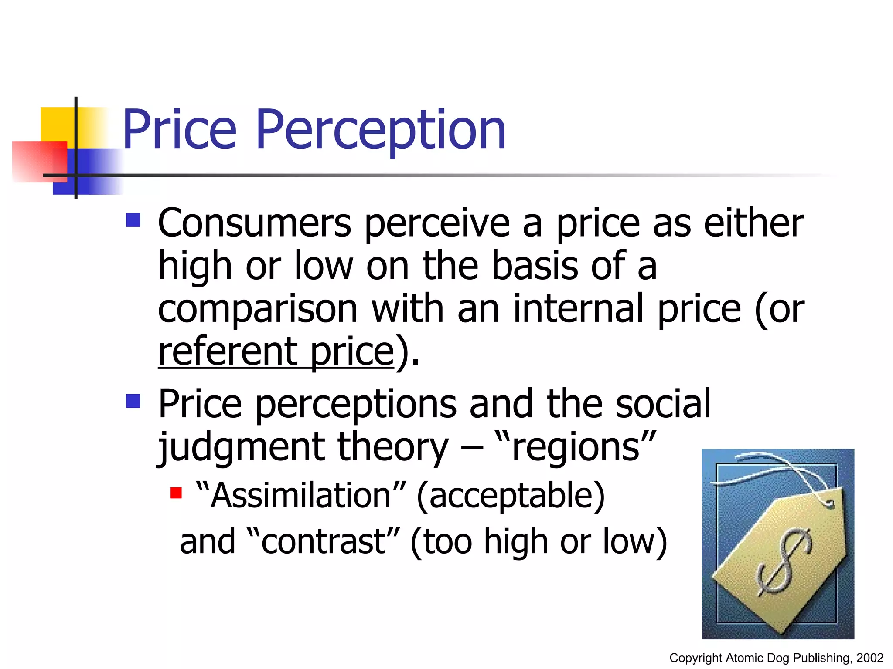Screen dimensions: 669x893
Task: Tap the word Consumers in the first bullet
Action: [254, 223]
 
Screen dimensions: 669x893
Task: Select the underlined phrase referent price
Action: [276, 352]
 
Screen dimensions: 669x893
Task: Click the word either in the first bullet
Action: [754, 223]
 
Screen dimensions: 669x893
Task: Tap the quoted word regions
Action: [576, 447]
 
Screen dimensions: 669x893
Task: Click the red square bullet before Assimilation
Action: [176, 493]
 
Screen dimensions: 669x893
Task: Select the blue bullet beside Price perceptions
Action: [133, 401]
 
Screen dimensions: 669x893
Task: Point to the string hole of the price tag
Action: [830, 503]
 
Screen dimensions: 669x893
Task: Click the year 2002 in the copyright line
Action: [869, 658]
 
